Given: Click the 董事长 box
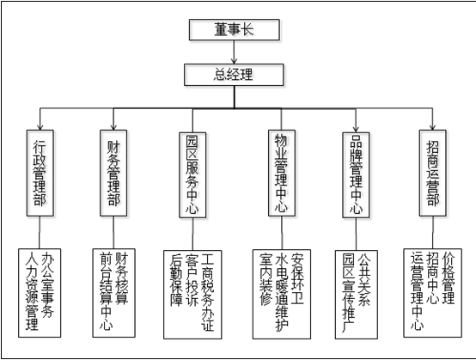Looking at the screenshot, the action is point(234,30).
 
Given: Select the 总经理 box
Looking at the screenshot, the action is point(234,75).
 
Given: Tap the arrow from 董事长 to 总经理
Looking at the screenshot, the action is point(234,52).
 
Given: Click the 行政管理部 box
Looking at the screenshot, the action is point(40,173).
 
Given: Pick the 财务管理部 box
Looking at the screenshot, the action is point(113,173).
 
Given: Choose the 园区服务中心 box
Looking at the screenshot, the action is point(192,174).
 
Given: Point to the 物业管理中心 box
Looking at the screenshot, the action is point(282,173).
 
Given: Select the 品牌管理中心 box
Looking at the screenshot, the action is point(356,174).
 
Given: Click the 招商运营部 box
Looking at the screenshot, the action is point(432,173).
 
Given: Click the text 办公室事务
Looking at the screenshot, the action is point(47,284).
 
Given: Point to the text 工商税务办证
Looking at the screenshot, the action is point(208,292).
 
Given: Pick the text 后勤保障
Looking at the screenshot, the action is point(177,279).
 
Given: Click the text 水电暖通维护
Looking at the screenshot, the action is point(282,292).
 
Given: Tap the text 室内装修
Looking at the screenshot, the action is point(266,279).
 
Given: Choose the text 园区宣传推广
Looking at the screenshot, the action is point(349,292).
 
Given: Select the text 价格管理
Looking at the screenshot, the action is point(449,278).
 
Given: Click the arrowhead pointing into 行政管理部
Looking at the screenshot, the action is point(40,127).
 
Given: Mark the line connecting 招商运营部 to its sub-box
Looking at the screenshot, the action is point(432,233).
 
